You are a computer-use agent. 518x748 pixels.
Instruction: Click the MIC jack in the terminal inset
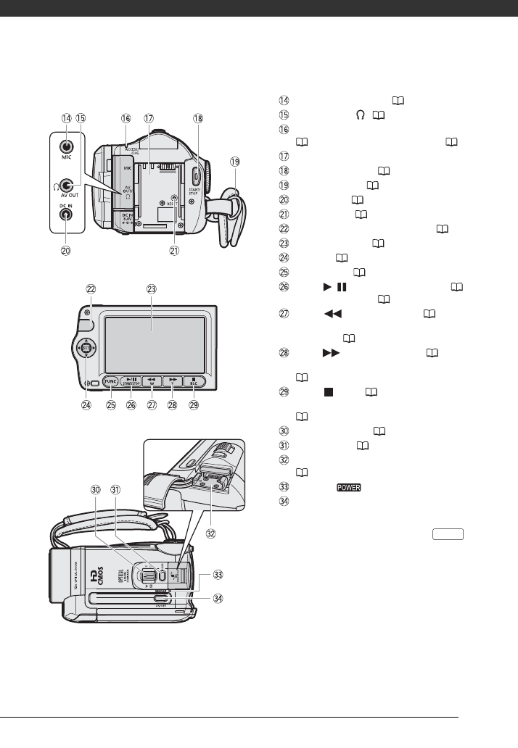(x=66, y=146)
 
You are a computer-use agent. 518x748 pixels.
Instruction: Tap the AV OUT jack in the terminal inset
(x=66, y=186)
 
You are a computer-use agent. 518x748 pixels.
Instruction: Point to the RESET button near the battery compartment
(x=173, y=198)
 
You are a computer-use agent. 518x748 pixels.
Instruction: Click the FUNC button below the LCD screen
(x=111, y=379)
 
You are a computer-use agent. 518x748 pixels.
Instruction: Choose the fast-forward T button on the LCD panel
(x=172, y=379)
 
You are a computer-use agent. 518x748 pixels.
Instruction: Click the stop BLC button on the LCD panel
(x=194, y=379)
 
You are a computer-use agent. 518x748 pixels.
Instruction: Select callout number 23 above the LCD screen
(x=151, y=288)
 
